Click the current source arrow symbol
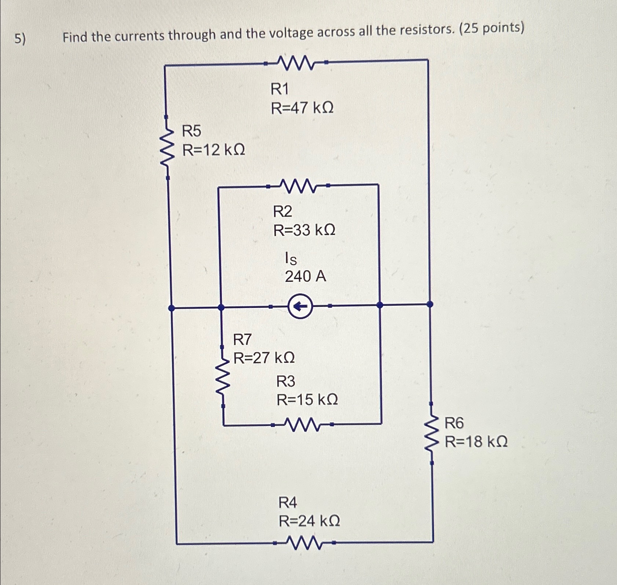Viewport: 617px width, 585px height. pos(300,306)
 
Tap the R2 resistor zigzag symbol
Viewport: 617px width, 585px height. pos(298,186)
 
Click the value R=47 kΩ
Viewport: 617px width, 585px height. pos(302,108)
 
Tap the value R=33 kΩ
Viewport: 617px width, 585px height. pos(304,230)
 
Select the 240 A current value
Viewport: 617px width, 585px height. pos(305,276)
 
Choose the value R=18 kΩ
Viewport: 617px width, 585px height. pos(476,442)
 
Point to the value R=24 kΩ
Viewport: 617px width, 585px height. pos(309,520)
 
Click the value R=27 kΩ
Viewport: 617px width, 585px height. pos(264,358)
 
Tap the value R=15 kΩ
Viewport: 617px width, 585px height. pos(307,399)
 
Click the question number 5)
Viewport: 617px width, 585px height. pos(20,39)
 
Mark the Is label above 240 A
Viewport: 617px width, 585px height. pos(291,259)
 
